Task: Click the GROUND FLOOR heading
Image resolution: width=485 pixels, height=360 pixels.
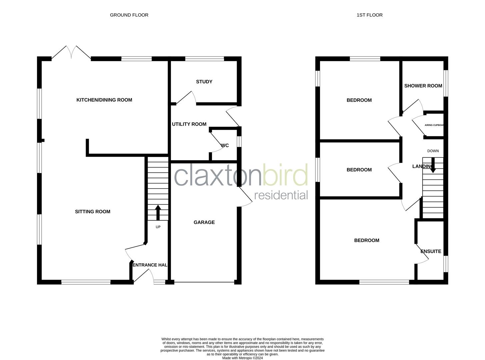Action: (129, 15)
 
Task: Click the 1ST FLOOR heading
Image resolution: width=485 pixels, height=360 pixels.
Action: (369, 15)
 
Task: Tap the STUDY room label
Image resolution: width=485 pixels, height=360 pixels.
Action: (204, 82)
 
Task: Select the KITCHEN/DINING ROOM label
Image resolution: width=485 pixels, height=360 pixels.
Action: (104, 100)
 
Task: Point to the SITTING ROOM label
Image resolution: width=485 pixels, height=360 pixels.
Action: (92, 212)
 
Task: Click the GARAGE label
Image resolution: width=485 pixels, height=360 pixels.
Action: (204, 222)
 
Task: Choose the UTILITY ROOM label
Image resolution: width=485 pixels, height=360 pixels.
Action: (189, 124)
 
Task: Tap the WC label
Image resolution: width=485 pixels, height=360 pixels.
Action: (225, 146)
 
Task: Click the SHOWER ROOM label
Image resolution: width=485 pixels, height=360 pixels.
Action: (423, 86)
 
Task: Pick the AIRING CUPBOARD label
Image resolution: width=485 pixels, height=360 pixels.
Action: (434, 125)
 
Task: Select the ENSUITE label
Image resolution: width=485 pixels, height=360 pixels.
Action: (431, 251)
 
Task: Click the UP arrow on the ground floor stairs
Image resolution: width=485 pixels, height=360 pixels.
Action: (158, 212)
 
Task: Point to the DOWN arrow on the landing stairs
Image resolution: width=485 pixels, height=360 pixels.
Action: (433, 166)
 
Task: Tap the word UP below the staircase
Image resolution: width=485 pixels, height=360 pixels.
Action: (158, 227)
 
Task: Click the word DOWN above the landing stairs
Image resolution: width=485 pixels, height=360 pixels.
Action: (433, 151)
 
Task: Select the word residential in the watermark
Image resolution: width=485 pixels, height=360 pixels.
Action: (281, 195)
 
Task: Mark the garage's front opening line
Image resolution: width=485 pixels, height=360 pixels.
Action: (204, 283)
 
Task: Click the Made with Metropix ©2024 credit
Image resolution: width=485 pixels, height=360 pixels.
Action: (242, 358)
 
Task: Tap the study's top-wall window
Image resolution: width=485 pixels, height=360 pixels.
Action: (204, 59)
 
